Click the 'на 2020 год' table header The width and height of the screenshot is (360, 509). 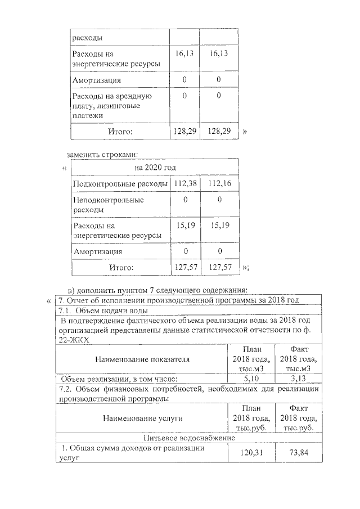tap(155, 168)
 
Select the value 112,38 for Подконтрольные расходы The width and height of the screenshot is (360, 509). tap(184, 184)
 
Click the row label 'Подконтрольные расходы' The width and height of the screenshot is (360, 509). tap(120, 184)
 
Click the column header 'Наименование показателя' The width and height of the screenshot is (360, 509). tap(142, 358)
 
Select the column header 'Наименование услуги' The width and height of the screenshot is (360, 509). tap(142, 418)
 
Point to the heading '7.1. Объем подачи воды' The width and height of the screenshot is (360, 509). tap(103, 310)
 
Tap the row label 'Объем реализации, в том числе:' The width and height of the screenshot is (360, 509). tap(119, 379)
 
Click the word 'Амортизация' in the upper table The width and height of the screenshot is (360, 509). tap(96, 80)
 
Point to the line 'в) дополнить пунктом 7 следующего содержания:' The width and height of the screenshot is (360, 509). tap(157, 290)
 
